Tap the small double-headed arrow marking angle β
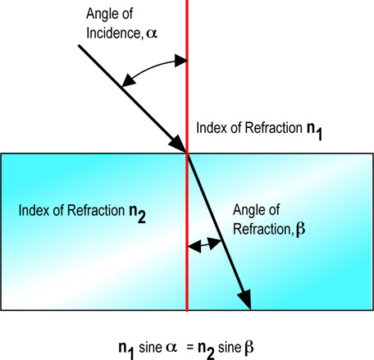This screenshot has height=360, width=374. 205,244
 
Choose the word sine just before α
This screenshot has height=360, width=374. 153,339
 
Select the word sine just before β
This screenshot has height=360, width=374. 241,339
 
